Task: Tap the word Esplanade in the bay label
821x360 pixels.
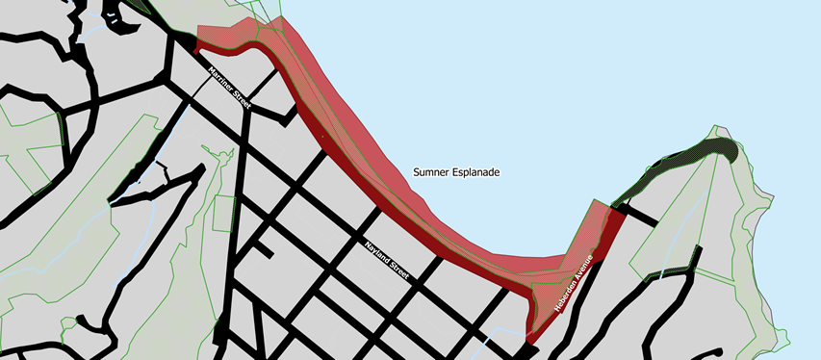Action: pyautogui.click(x=480, y=172)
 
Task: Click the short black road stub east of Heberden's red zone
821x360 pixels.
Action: pyautogui.click(x=639, y=215)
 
